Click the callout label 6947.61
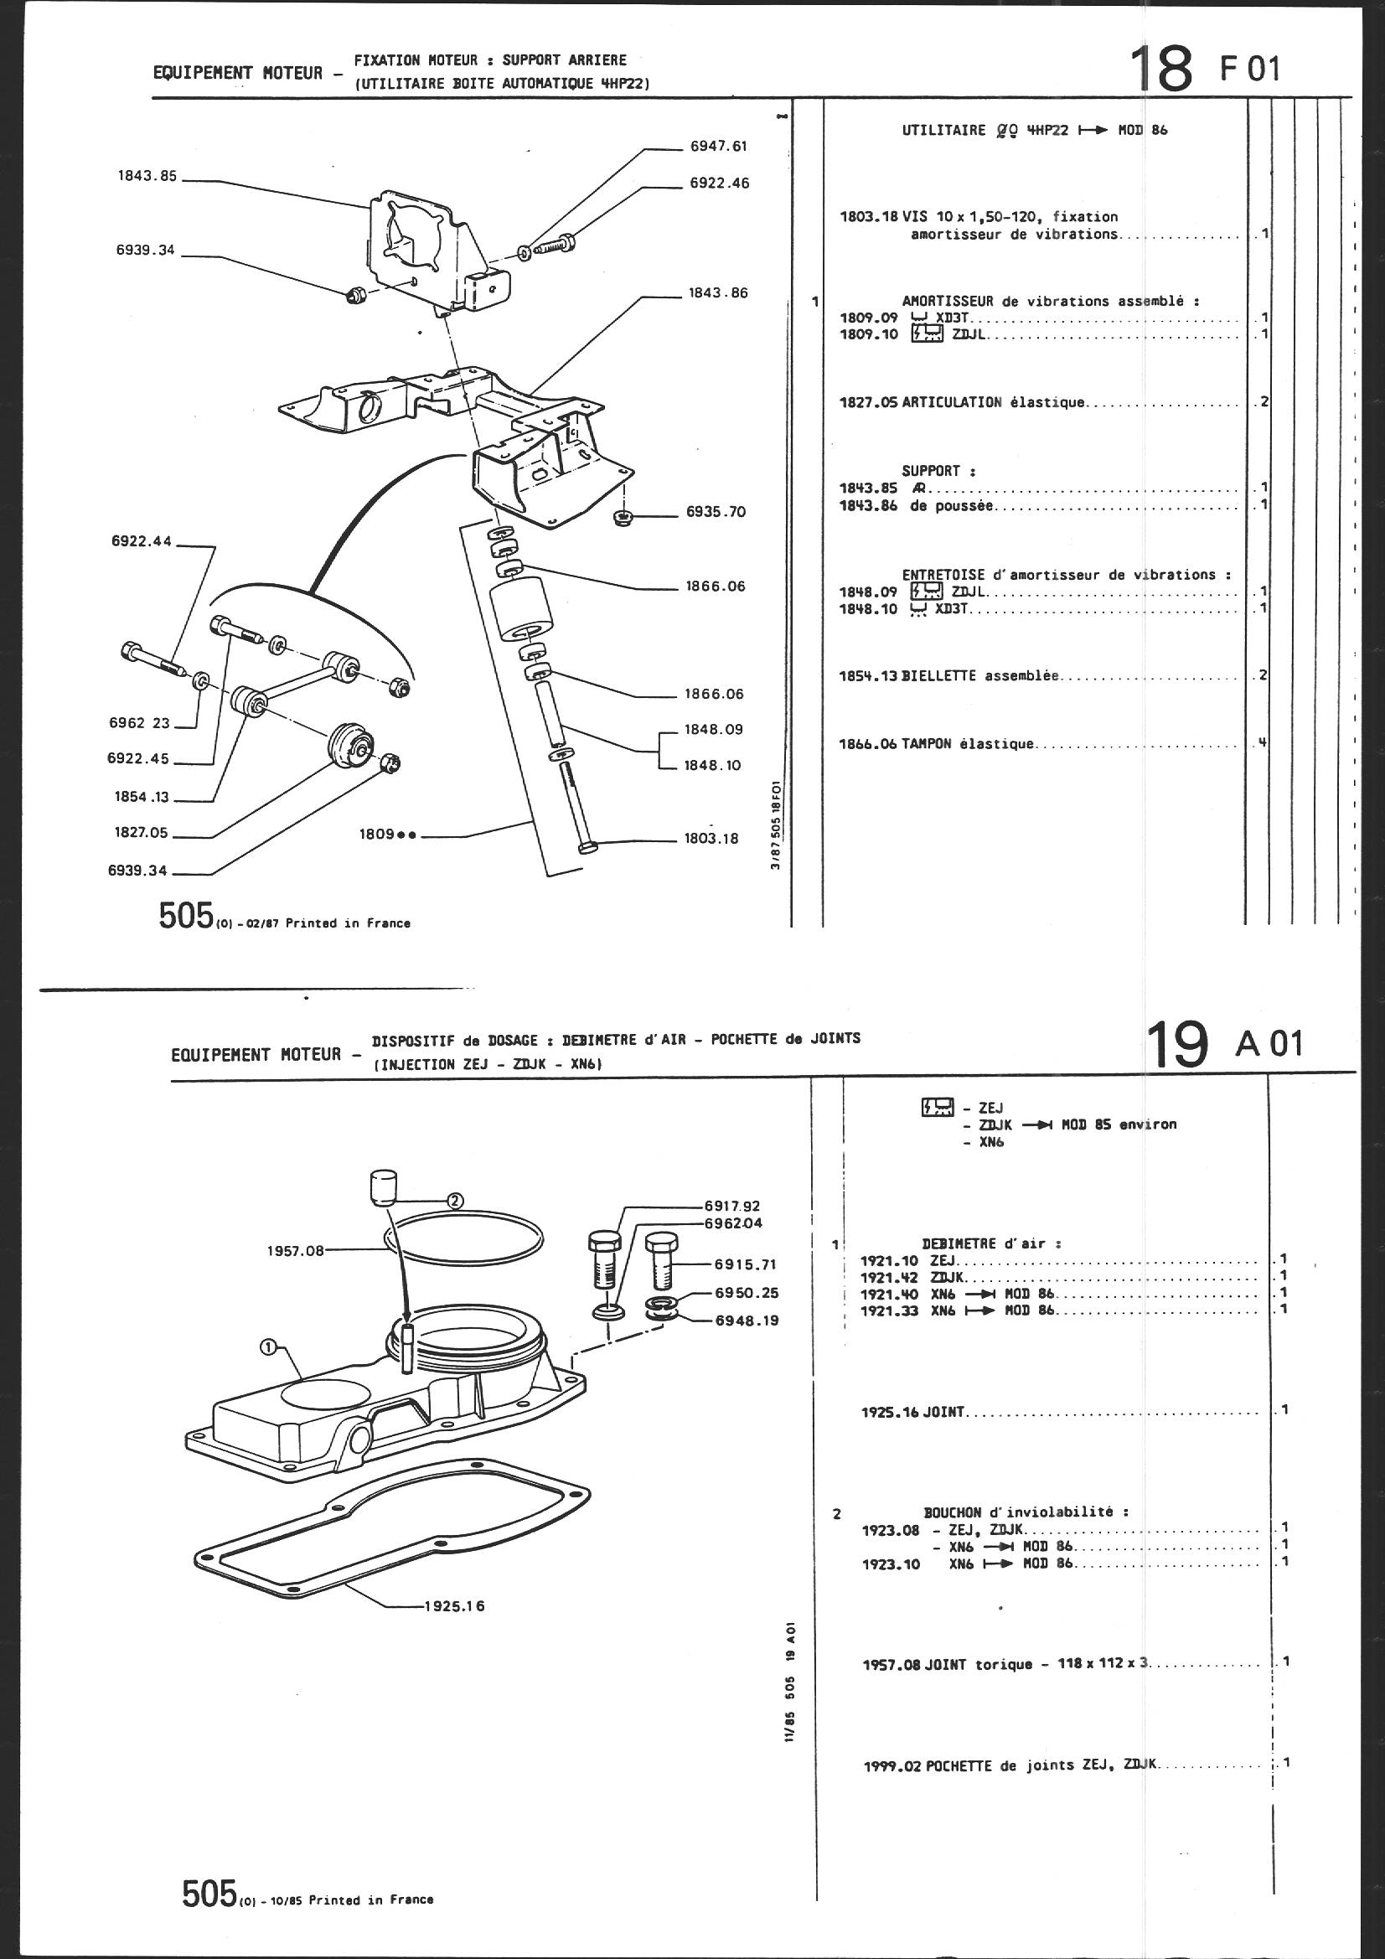click(x=718, y=146)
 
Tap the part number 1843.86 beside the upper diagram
click(x=718, y=293)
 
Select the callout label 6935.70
click(x=715, y=512)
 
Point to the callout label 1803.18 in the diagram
click(x=711, y=839)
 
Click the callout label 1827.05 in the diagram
click(x=142, y=833)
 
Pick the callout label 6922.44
click(x=142, y=541)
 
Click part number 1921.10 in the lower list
click(x=888, y=1260)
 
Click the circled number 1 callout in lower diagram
click(x=268, y=1346)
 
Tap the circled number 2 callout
click(x=455, y=1201)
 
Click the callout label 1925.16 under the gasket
click(x=454, y=1606)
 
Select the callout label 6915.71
click(x=747, y=1264)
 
